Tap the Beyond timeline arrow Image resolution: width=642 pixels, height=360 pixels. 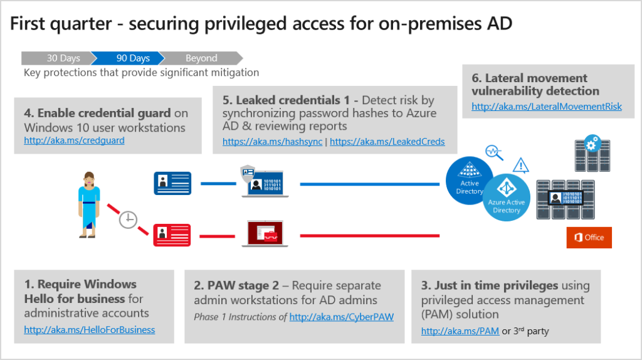tap(199, 58)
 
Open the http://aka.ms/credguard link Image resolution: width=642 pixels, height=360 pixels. tap(74, 140)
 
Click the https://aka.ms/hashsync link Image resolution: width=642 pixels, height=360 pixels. tap(273, 142)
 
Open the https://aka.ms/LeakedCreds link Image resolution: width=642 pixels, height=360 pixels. tap(387, 142)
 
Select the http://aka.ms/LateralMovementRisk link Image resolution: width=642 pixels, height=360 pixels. tap(547, 107)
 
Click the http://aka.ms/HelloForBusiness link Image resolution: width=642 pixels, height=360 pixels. tap(90, 329)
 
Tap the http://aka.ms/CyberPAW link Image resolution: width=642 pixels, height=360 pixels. tap(342, 317)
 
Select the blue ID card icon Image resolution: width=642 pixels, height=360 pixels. tap(172, 183)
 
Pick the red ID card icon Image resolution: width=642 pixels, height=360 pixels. tap(172, 236)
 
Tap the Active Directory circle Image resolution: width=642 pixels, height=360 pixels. tap(470, 181)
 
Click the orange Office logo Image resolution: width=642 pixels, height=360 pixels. tap(589, 237)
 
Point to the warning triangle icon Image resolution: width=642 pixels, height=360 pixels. tap(520, 166)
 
